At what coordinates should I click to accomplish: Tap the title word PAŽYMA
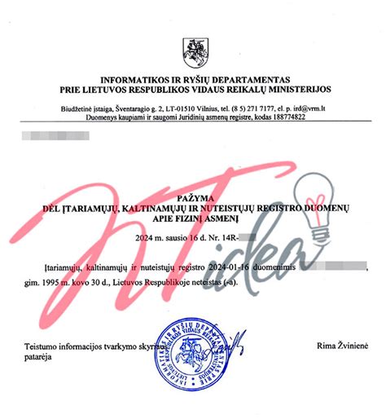coord(193,199)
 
